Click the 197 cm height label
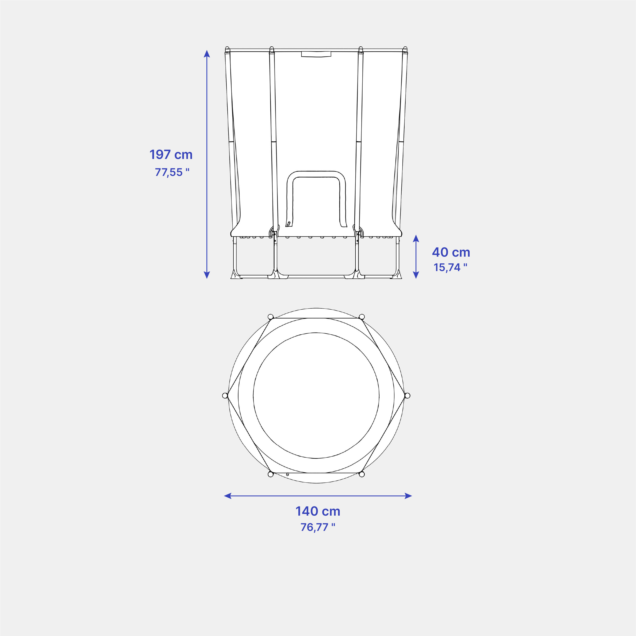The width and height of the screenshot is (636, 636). point(171,154)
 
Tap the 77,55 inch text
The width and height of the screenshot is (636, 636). point(172,172)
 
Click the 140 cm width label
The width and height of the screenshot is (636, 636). point(318,511)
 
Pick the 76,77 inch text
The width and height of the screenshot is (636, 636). point(318,527)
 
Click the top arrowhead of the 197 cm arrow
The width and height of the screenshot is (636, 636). point(207,54)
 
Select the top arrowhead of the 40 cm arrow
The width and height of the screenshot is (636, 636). point(416,238)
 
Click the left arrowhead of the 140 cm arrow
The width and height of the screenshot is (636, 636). point(227,496)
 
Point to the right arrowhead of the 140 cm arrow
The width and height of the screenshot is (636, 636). point(408,496)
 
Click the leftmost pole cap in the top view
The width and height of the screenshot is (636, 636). point(225,395)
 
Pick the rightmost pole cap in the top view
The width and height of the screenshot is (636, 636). point(407,395)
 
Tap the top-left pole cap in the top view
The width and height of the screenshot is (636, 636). point(271,317)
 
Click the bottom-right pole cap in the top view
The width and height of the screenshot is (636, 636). point(362,474)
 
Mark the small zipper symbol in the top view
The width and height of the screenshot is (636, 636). point(287,474)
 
